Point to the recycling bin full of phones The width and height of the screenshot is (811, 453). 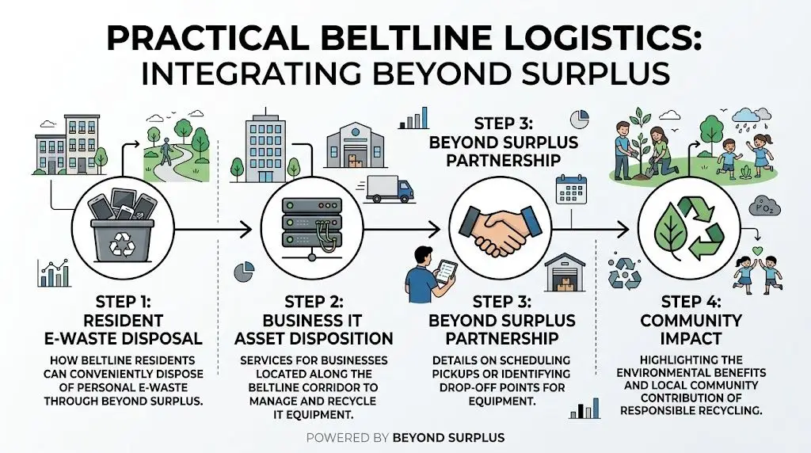pos(121,226)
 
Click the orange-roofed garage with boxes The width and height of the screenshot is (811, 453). pos(565,273)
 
